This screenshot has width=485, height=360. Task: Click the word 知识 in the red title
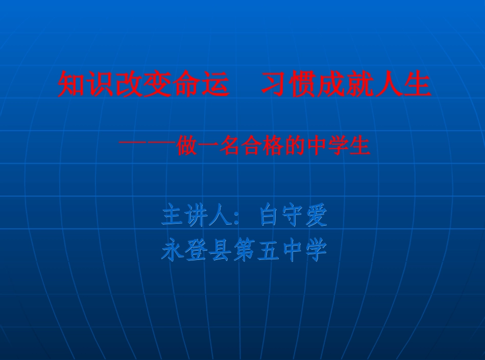pyautogui.click(x=86, y=85)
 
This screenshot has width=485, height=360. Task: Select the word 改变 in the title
pyautogui.click(x=142, y=85)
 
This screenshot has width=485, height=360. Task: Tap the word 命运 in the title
pyautogui.click(x=200, y=85)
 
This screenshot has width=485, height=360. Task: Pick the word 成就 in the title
pyautogui.click(x=346, y=85)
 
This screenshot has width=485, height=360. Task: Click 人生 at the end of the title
pyautogui.click(x=403, y=85)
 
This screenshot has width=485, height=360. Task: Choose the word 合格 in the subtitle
pyautogui.click(x=261, y=147)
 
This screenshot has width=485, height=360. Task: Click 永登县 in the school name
pyautogui.click(x=196, y=251)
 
